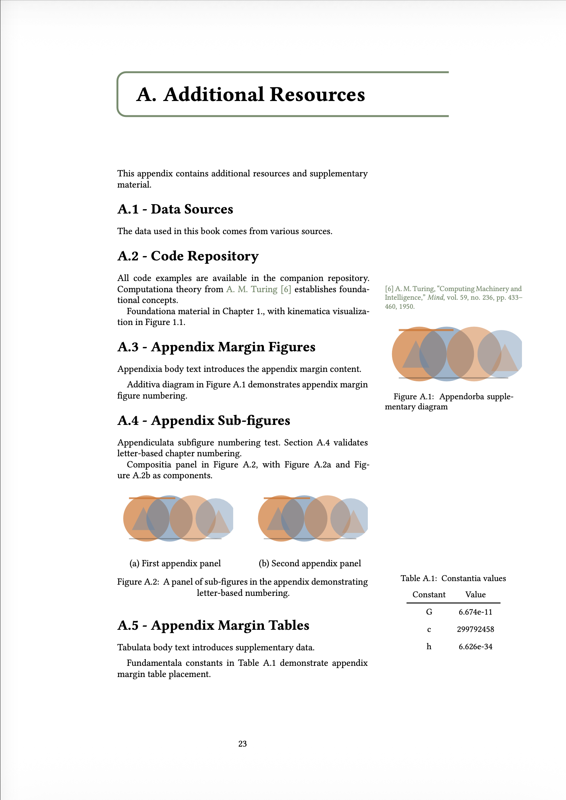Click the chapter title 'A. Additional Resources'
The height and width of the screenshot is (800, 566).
pos(251,94)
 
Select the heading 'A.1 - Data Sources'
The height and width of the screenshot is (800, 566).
pos(175,209)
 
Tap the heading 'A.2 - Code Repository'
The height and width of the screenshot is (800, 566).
pos(188,256)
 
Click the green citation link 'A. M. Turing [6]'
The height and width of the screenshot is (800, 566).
pos(258,289)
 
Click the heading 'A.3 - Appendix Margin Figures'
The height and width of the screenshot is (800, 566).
pos(217,347)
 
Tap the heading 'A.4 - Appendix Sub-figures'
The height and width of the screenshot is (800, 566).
pos(204,421)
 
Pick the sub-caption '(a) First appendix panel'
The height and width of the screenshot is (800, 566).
pos(175,563)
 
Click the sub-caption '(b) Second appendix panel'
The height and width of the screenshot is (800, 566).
pos(310,563)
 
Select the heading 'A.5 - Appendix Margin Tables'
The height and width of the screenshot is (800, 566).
pos(213,625)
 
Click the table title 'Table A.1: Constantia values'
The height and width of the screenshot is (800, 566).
pos(453,579)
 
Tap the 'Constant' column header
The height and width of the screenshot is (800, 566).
pos(429,595)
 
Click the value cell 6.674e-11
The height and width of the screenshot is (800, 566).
pos(475,612)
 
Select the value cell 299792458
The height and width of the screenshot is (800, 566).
pos(475,629)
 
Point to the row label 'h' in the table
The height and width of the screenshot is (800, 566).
pos(429,647)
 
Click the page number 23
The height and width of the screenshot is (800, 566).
pos(243,744)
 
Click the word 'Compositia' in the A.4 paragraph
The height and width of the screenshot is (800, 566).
pos(149,465)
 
